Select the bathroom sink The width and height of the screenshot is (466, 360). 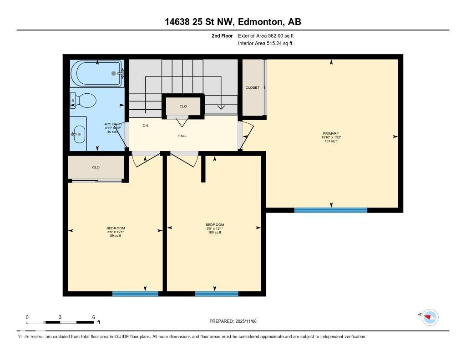pos(79,134)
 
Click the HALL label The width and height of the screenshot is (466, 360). pos(182,136)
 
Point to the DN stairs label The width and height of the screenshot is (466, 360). pos(145,126)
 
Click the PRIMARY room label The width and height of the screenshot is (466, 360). pos(330,134)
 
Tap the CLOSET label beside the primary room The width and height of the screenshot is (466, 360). pos(253,87)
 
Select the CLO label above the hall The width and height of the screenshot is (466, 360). pos(183,106)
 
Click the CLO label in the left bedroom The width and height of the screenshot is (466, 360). pos(96,167)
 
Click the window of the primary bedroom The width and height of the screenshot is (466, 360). pos(330,210)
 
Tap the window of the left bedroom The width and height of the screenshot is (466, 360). pos(135,294)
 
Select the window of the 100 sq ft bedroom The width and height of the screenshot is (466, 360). pos(217,294)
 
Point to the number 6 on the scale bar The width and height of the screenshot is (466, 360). pos(93,317)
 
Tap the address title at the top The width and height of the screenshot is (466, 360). pos(233,22)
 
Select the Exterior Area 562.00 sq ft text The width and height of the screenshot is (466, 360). pos(263,35)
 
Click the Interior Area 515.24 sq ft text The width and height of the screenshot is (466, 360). pos(265,44)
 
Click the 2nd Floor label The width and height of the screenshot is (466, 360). pos(222,35)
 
